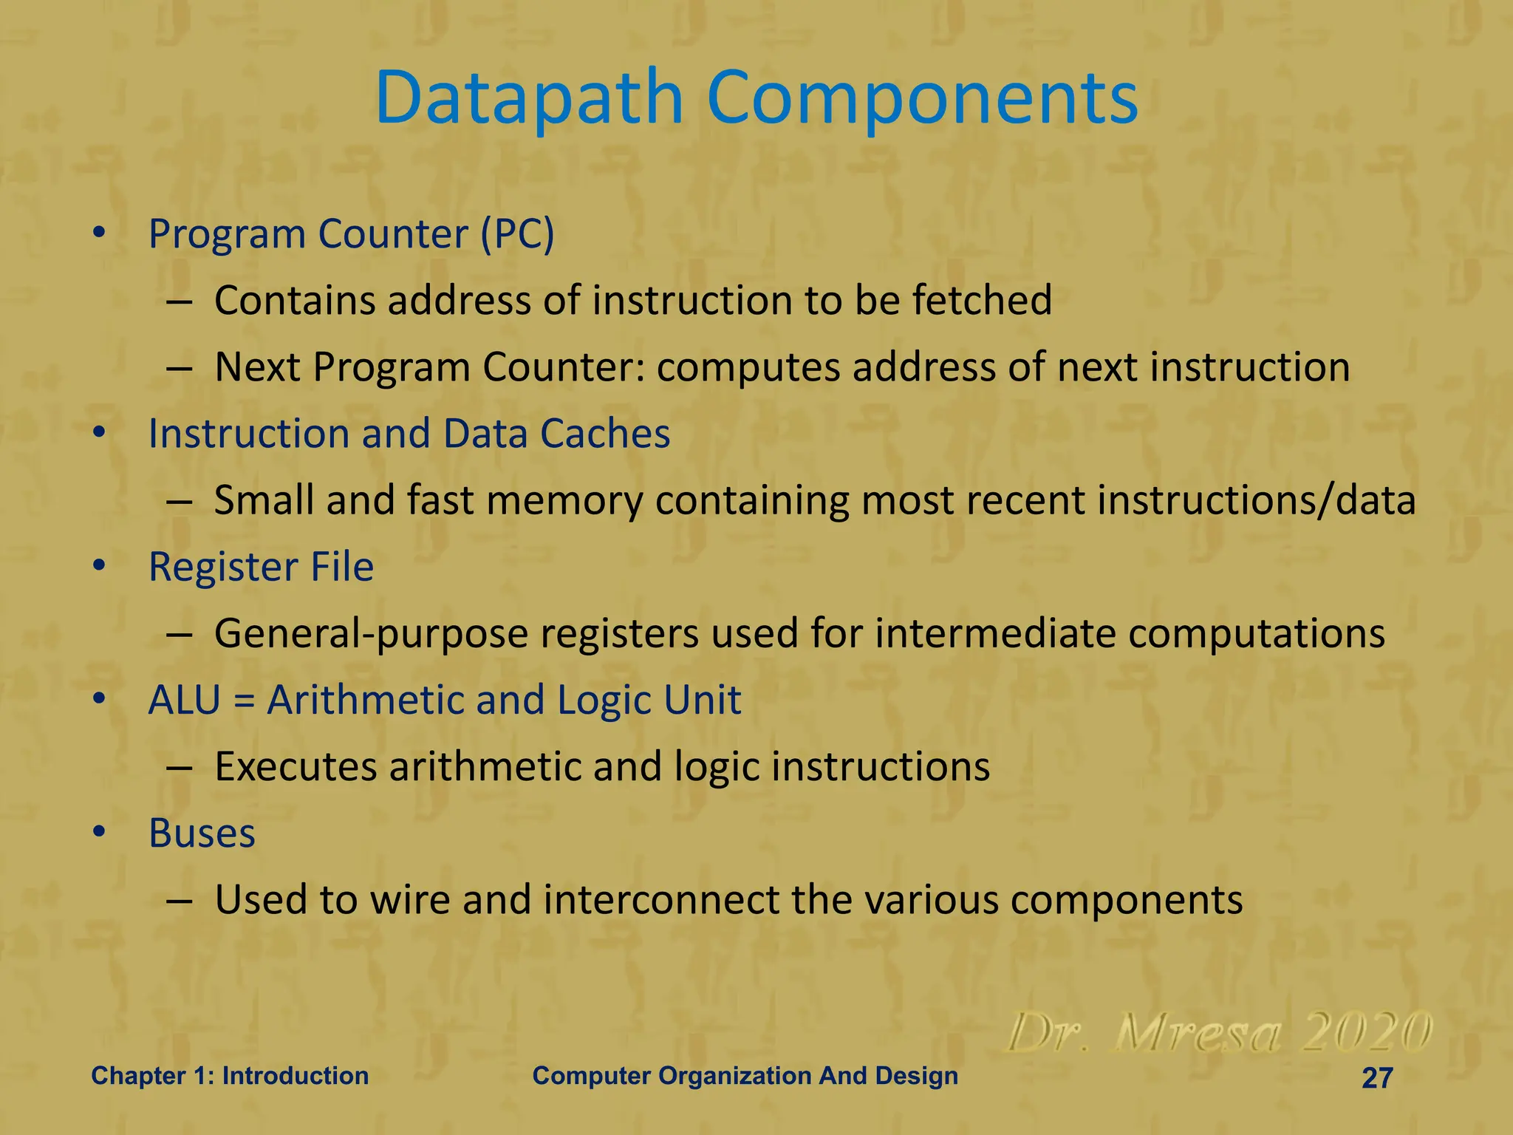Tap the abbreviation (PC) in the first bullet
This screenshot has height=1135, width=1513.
[517, 235]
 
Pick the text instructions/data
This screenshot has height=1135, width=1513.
[1256, 501]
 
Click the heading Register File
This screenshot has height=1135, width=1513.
[261, 567]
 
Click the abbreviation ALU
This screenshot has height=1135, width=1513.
[185, 701]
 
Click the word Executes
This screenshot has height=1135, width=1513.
[296, 767]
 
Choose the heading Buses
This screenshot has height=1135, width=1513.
[202, 834]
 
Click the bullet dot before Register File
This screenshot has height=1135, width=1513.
[100, 567]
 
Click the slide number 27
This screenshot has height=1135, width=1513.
[1377, 1078]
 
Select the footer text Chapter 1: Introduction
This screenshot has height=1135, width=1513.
[230, 1076]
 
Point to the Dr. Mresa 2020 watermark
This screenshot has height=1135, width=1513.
[1219, 1033]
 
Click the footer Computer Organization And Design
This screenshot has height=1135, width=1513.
[745, 1076]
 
